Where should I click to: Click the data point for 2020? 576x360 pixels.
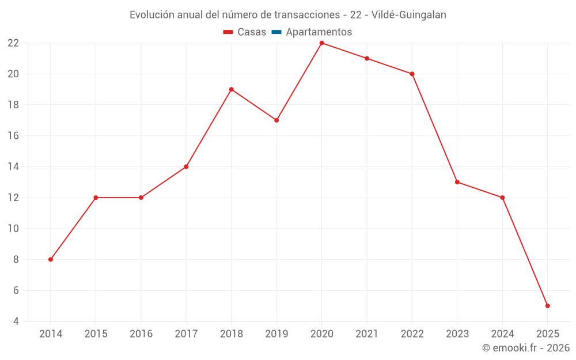[321, 43]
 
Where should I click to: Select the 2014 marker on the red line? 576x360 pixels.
[51, 259]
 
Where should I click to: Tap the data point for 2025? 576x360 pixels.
[547, 306]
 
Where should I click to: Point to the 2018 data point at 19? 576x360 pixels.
[231, 89]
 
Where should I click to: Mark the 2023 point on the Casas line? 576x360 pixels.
[457, 182]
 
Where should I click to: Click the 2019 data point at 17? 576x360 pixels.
[276, 120]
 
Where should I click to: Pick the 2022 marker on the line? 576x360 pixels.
[412, 74]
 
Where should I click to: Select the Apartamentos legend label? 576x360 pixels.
[319, 32]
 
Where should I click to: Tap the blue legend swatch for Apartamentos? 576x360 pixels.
[276, 32]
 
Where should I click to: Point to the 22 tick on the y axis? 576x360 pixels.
[13, 43]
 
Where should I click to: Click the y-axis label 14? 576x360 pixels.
[13, 166]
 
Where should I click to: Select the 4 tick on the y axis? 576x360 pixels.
[16, 321]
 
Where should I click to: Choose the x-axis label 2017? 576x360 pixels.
[186, 334]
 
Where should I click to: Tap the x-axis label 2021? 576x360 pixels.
[367, 334]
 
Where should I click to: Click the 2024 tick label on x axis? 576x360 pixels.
[502, 334]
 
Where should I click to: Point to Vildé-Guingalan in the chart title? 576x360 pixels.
[409, 15]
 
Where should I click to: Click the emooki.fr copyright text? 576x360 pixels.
[526, 348]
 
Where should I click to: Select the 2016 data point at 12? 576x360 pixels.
[141, 198]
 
